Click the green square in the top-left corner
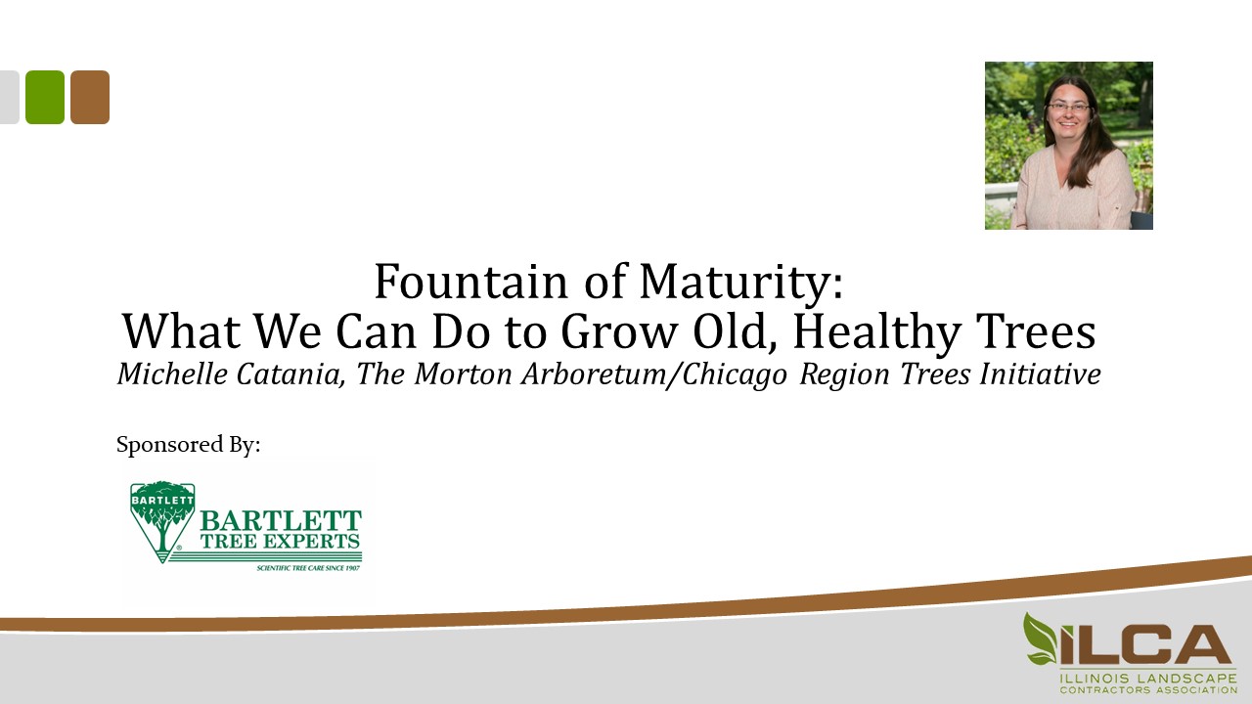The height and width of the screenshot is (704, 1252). (45, 97)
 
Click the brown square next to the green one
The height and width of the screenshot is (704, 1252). (90, 97)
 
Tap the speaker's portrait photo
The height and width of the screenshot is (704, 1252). (1068, 146)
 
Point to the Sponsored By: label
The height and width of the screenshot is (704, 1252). (189, 445)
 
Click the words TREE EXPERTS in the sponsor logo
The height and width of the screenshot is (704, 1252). (280, 540)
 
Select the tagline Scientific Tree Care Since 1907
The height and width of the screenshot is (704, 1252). (308, 567)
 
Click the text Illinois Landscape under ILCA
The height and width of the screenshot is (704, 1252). (1146, 677)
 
